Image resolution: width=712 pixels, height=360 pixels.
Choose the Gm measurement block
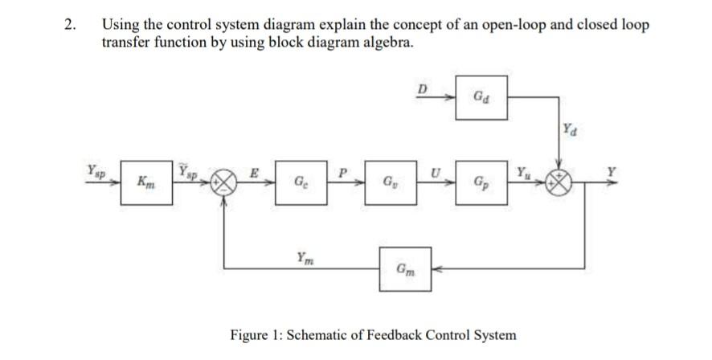coord(407,268)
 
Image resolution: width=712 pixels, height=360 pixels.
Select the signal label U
coord(435,171)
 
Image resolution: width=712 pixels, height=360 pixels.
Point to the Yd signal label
coord(569,128)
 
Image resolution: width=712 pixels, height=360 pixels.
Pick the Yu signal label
coord(523,170)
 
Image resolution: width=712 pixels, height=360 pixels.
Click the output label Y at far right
coord(612,170)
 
